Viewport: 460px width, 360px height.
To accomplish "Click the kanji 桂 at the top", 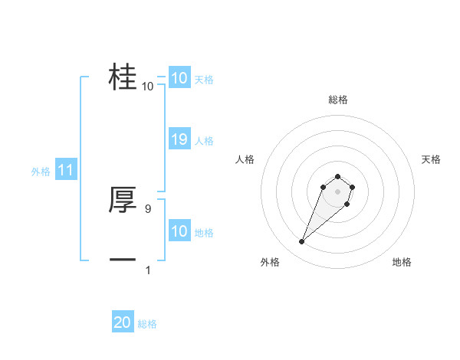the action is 123,77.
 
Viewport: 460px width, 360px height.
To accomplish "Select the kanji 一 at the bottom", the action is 123,260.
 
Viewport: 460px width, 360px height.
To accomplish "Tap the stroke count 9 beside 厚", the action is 148,208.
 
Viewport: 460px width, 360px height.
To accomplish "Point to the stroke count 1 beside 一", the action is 148,270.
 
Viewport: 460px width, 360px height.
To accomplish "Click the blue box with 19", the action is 179,139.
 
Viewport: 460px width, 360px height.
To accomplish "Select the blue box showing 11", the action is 66,171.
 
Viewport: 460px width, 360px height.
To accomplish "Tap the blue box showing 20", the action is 123,322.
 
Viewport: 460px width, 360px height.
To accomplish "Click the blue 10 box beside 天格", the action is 179,78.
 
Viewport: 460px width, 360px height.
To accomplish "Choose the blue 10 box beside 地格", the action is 179,231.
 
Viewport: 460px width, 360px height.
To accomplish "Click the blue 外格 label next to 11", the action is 41,172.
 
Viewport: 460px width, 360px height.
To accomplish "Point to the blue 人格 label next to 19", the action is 204,141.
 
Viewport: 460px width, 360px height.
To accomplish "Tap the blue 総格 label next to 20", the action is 147,324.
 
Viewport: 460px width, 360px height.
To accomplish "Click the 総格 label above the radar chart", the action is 337,100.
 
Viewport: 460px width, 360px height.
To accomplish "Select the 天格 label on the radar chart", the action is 431,159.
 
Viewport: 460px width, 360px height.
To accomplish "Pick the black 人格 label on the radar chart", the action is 245,159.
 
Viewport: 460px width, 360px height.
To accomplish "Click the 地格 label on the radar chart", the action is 402,262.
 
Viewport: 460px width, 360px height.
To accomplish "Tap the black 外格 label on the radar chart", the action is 270,262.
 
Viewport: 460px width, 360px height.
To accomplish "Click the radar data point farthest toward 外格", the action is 302,242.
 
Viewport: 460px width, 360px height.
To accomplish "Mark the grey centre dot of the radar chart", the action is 337,191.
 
